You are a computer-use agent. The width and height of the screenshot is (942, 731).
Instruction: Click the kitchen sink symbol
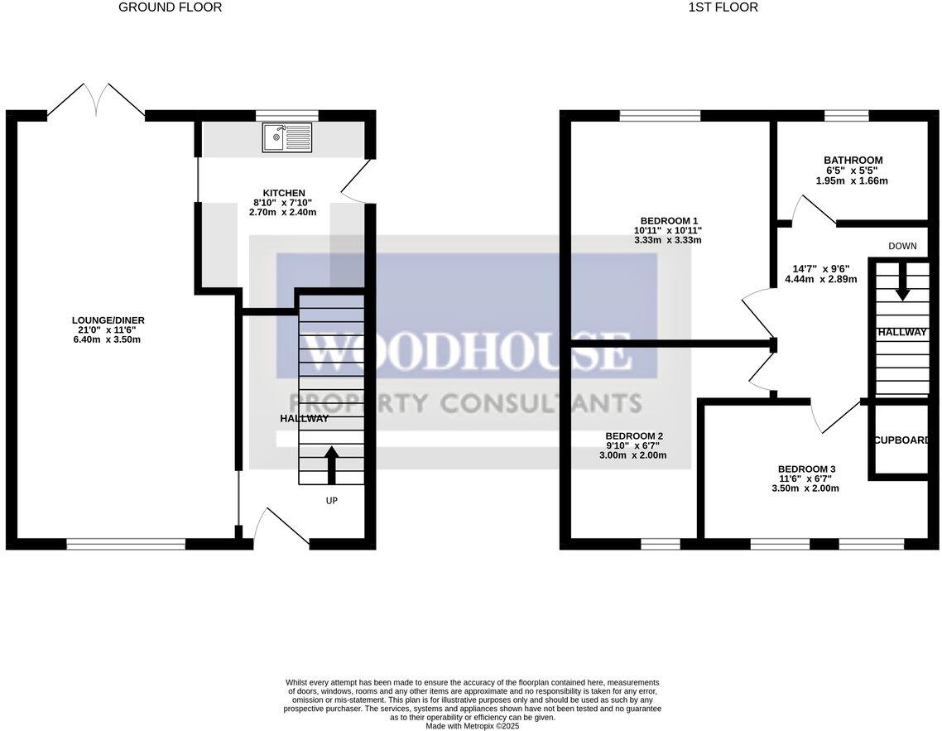[288, 137]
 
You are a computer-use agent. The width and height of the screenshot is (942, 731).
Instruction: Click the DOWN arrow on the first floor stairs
[901, 282]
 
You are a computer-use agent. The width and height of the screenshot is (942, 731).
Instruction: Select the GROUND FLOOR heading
[170, 7]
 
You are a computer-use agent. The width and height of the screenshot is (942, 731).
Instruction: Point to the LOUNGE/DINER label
[103, 320]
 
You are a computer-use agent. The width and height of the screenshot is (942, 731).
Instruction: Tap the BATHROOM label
[853, 161]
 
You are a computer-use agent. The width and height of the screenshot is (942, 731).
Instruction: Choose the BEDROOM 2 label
[634, 435]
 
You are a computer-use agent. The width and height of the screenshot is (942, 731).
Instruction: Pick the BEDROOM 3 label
[800, 468]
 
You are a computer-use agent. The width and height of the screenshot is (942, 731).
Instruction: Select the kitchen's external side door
[353, 180]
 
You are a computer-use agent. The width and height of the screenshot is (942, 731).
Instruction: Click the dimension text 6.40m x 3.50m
[103, 339]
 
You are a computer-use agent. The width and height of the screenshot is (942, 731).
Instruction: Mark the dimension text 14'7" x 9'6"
[820, 268]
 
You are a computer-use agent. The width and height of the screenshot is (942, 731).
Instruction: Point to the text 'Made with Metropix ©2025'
[472, 726]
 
